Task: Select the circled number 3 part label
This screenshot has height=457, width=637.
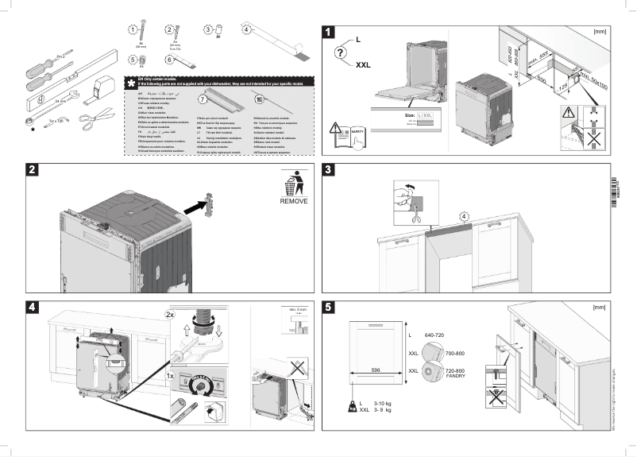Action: pyautogui.click(x=208, y=29)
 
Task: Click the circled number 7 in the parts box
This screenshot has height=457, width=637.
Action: pyautogui.click(x=202, y=100)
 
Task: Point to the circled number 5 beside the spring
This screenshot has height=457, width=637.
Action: pyautogui.click(x=132, y=59)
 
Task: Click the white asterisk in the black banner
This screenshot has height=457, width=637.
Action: pyautogui.click(x=130, y=82)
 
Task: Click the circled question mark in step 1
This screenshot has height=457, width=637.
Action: pyautogui.click(x=340, y=52)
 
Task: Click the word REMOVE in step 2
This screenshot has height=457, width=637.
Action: pyautogui.click(x=292, y=202)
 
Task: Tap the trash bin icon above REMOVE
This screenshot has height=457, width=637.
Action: pyautogui.click(x=292, y=184)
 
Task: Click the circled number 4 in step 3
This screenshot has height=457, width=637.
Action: pyautogui.click(x=465, y=215)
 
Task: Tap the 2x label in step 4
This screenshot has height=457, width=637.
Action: pyautogui.click(x=169, y=315)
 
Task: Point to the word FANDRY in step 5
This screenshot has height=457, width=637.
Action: pyautogui.click(x=455, y=376)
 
